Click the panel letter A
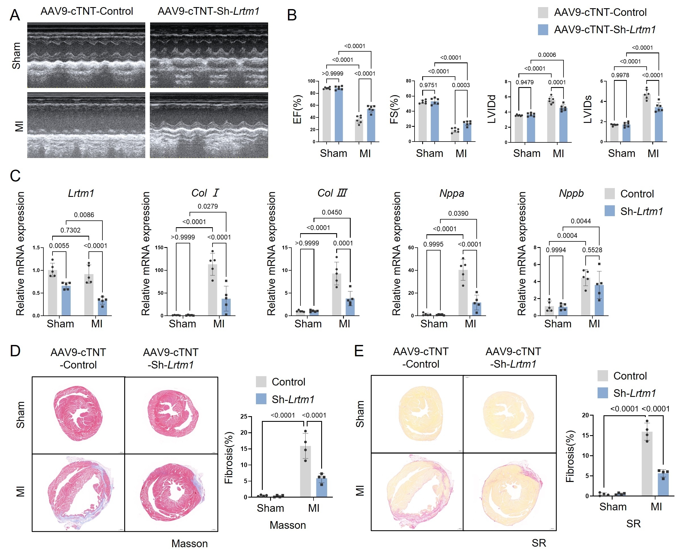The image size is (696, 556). pos(15,15)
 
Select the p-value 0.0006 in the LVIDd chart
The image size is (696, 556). pos(547,55)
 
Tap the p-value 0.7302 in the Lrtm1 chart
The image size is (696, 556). pos(70,230)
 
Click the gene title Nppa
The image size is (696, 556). pos(452,193)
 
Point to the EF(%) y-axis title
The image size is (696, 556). pos(297,109)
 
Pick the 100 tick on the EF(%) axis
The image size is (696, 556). pos(311,81)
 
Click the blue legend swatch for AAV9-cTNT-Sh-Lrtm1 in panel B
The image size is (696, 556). pos(543,30)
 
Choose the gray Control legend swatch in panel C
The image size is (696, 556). pos(609,194)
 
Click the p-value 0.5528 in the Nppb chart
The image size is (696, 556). pos(592,250)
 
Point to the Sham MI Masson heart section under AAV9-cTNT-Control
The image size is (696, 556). pos(78,492)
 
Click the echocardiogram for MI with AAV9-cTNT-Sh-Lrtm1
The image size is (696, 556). pos(209,125)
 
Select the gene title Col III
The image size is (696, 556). pos(332,193)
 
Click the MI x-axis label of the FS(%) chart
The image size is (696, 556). pos(461,153)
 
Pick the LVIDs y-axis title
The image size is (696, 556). pos(588,109)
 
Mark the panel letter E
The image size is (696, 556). pos(359,351)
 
